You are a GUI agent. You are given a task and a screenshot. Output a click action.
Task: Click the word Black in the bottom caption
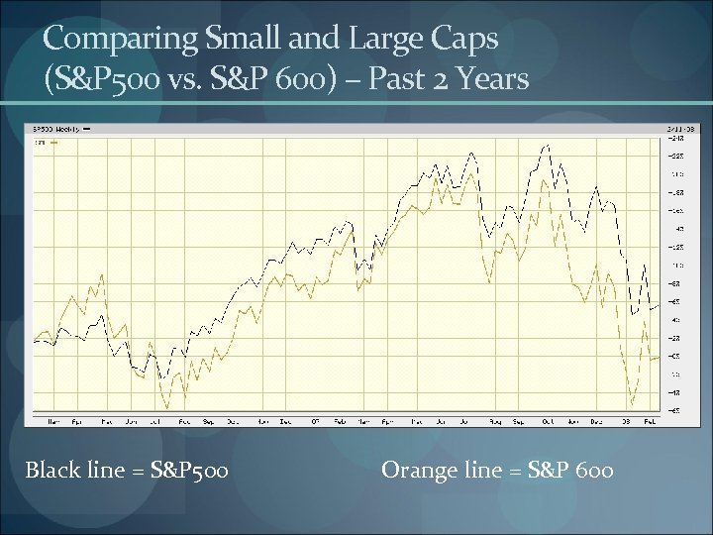click(x=52, y=470)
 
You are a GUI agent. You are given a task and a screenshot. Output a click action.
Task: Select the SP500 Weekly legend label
click(x=57, y=129)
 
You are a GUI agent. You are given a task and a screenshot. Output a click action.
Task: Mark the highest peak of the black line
click(x=548, y=145)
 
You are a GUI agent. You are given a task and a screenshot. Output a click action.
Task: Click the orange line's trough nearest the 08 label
click(x=631, y=405)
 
